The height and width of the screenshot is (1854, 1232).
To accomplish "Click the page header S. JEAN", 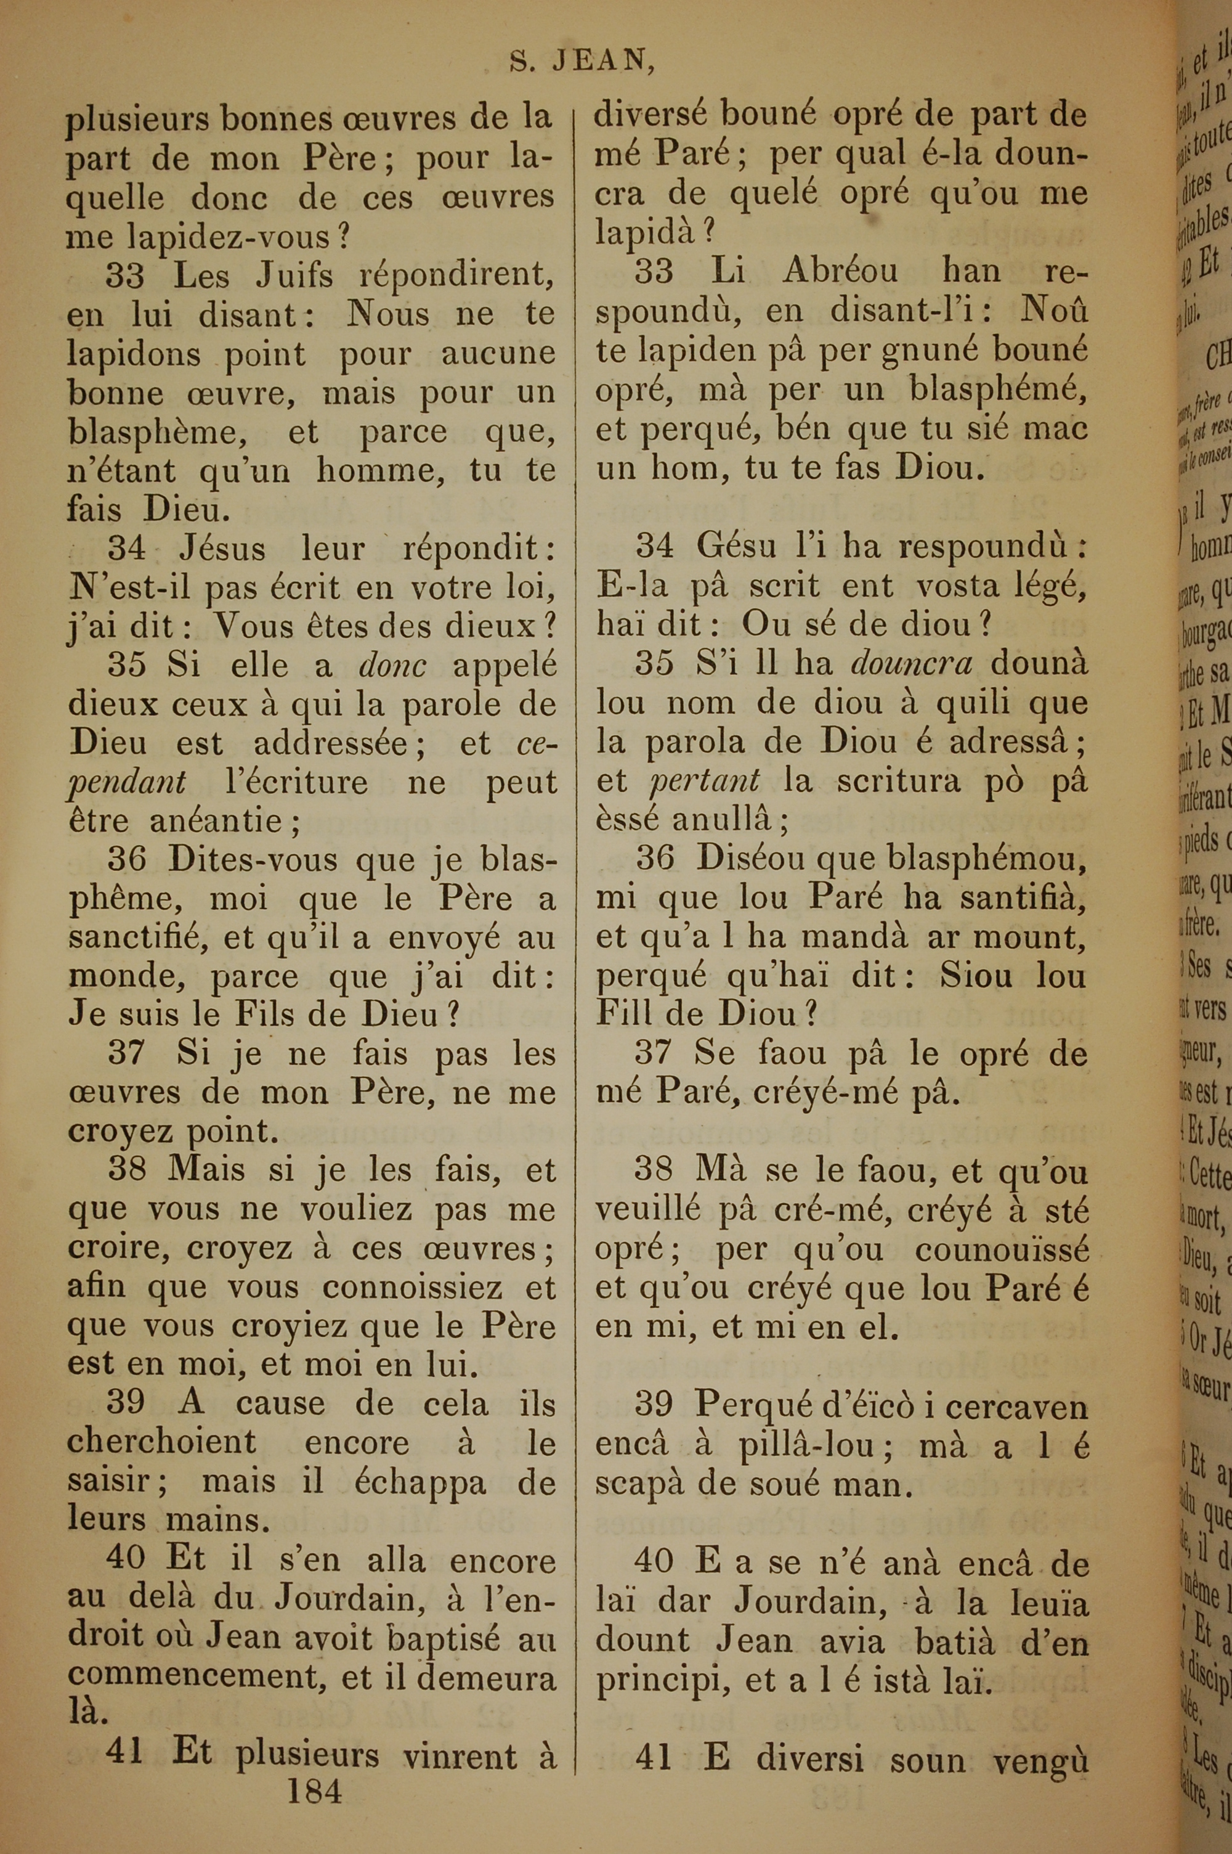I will click(582, 62).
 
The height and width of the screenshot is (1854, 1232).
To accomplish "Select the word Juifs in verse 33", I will click(294, 276).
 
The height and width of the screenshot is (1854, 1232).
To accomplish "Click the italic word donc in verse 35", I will click(393, 666).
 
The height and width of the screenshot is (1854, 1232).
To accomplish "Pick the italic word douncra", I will click(912, 663).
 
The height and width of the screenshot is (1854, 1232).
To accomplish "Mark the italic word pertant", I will click(705, 780).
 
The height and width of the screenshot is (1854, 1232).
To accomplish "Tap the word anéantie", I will click(214, 820).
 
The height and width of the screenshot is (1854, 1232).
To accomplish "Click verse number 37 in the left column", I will click(126, 1052).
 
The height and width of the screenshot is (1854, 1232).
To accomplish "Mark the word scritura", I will click(894, 780).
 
